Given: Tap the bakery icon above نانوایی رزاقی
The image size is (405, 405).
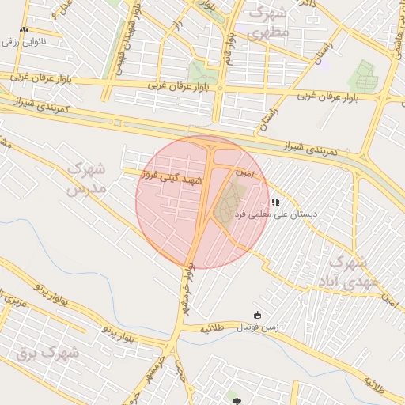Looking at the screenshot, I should coord(24,29).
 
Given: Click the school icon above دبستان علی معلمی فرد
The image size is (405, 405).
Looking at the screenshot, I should coord(275,202).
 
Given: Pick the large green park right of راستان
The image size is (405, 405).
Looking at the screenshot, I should coord(365,75).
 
